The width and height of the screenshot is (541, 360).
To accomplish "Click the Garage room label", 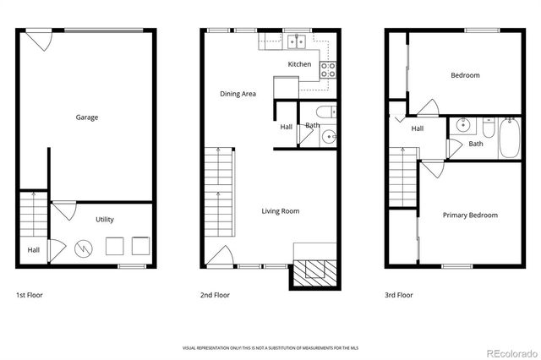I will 87,117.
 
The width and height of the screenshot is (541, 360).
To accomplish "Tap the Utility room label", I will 104,220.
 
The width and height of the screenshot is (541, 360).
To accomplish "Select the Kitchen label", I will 299,64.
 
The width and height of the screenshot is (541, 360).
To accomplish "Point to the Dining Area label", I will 238,94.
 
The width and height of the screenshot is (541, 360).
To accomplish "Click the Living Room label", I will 281,211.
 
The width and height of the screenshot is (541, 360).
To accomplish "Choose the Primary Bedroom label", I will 470,215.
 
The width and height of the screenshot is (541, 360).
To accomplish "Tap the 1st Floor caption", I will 29,296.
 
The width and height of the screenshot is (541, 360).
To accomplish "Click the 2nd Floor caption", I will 215,296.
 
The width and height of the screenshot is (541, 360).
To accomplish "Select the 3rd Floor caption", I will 399,296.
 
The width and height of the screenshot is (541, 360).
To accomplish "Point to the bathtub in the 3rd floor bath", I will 510,139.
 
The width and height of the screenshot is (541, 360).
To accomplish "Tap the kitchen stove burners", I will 329,69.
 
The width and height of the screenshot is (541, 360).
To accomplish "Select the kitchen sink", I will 295,39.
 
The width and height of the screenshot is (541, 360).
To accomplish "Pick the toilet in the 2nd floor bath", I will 324,113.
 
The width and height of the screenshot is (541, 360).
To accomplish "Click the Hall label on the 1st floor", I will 33,250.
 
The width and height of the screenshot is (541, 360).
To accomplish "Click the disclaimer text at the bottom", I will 270,348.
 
